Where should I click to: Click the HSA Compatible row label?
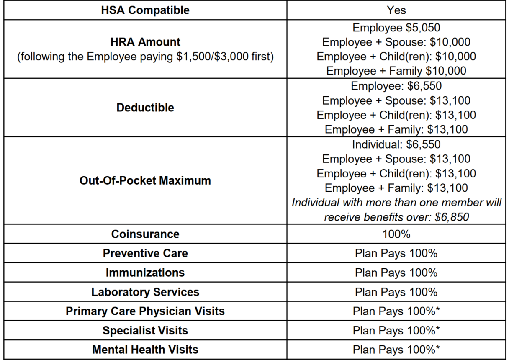pyautogui.click(x=145, y=10)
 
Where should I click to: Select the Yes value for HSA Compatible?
pyautogui.click(x=396, y=10)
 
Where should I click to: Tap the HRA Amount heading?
pyautogui.click(x=145, y=42)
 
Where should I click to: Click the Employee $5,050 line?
pyautogui.click(x=396, y=28)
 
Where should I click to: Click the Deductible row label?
pyautogui.click(x=145, y=108)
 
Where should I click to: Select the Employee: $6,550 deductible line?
pyautogui.click(x=396, y=86)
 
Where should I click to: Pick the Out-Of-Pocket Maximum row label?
pyautogui.click(x=145, y=181)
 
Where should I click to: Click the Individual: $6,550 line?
pyautogui.click(x=396, y=144)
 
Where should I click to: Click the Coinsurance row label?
pyautogui.click(x=145, y=234)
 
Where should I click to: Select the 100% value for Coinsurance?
pyautogui.click(x=396, y=234)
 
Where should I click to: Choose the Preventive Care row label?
pyautogui.click(x=145, y=253)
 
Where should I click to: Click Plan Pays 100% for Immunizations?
pyautogui.click(x=396, y=273)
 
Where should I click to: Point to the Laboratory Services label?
pyautogui.click(x=145, y=292)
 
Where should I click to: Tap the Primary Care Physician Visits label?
pyautogui.click(x=145, y=311)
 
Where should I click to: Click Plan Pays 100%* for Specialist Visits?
pyautogui.click(x=396, y=330)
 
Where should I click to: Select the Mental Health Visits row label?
pyautogui.click(x=145, y=350)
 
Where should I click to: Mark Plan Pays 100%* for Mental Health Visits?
pyautogui.click(x=396, y=350)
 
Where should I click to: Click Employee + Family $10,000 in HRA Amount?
pyautogui.click(x=396, y=71)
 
